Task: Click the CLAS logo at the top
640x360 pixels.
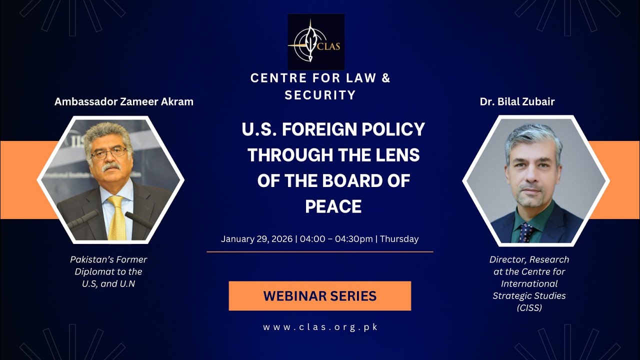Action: point(316,41)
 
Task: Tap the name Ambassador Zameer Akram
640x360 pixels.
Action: point(123,101)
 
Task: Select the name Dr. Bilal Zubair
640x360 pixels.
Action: point(517,101)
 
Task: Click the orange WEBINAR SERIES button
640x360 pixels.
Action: point(319,295)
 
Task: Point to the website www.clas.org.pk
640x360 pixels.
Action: point(320,327)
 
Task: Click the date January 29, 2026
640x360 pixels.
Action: point(256,238)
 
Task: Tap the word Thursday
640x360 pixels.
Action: point(399,238)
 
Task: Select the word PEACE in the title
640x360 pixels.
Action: point(333,206)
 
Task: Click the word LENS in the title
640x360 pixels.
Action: point(397,155)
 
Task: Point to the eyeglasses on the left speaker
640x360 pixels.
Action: point(109,152)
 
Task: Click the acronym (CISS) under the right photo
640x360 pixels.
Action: point(529,308)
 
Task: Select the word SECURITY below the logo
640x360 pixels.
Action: point(320,95)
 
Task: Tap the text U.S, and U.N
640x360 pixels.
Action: point(108,284)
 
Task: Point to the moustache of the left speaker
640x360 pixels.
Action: point(110,166)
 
